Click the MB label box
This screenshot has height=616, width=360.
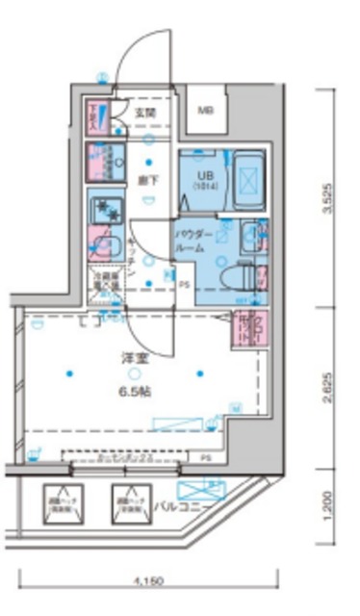coord(207,110)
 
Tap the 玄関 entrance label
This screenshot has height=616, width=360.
coord(146,113)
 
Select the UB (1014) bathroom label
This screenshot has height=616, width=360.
coord(206,178)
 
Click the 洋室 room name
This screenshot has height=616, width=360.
coord(133,357)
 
